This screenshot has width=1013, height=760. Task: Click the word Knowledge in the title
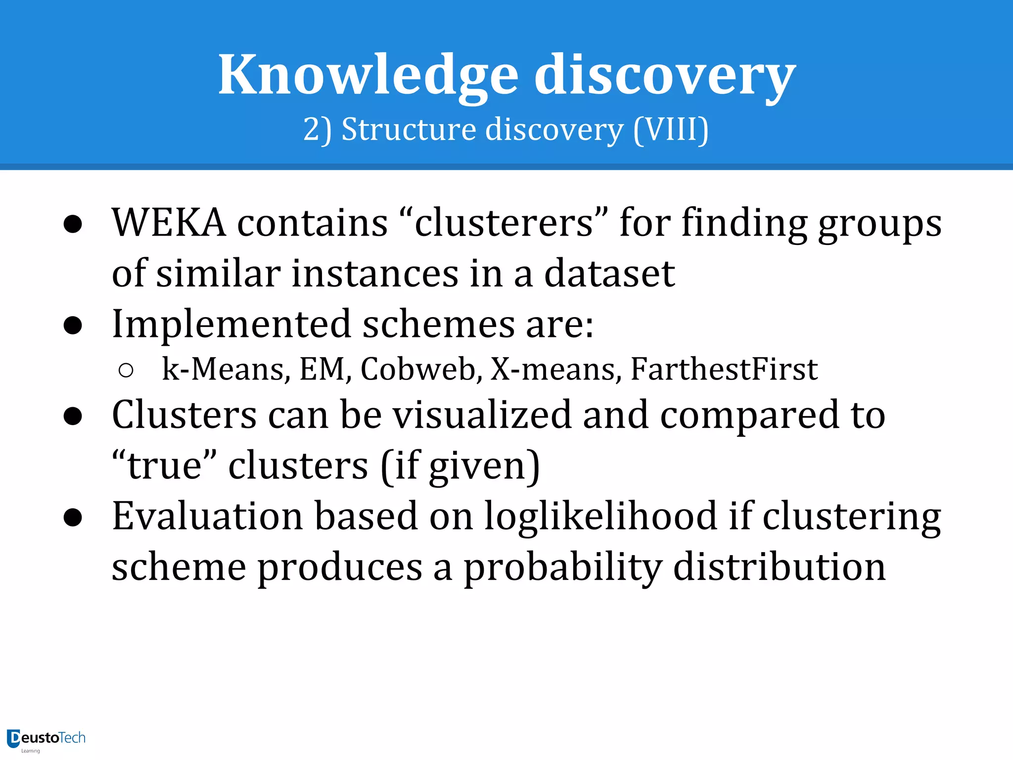[368, 75]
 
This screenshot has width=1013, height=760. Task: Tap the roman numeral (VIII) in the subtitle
[671, 130]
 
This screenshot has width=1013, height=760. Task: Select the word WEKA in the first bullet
[169, 223]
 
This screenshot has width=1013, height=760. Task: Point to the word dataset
[609, 274]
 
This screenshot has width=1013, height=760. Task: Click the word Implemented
[231, 324]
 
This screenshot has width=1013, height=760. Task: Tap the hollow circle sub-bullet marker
[126, 370]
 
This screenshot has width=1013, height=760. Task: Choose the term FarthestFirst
[724, 369]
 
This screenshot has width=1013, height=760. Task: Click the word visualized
[482, 415]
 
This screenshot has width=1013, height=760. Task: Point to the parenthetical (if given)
[460, 466]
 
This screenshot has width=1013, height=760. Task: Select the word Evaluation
[207, 516]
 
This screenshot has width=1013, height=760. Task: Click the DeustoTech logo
[46, 739]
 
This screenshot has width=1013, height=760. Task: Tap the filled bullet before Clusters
[73, 416]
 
